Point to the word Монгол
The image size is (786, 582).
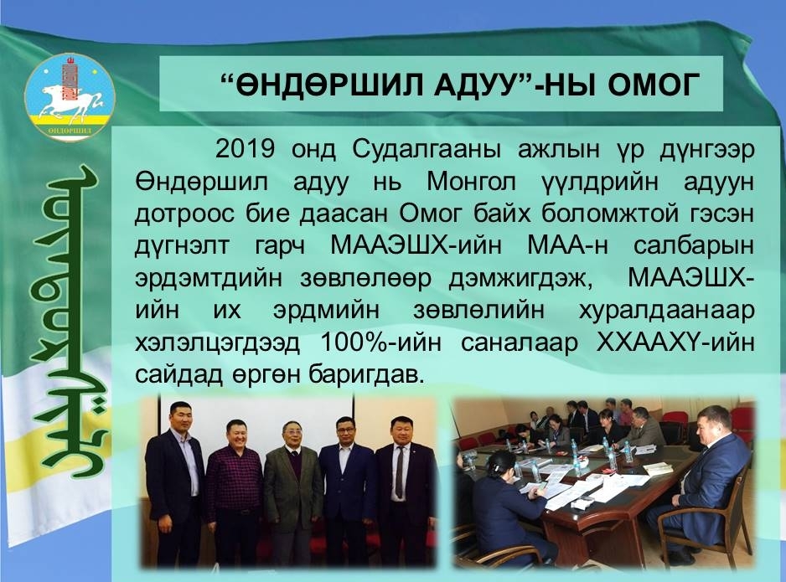pyautogui.click(x=471, y=182)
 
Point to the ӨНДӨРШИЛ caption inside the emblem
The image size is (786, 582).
pyautogui.click(x=70, y=131)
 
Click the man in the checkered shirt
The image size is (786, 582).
pyautogui.click(x=234, y=492)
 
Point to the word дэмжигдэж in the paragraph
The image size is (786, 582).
pyautogui.click(x=520, y=278)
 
